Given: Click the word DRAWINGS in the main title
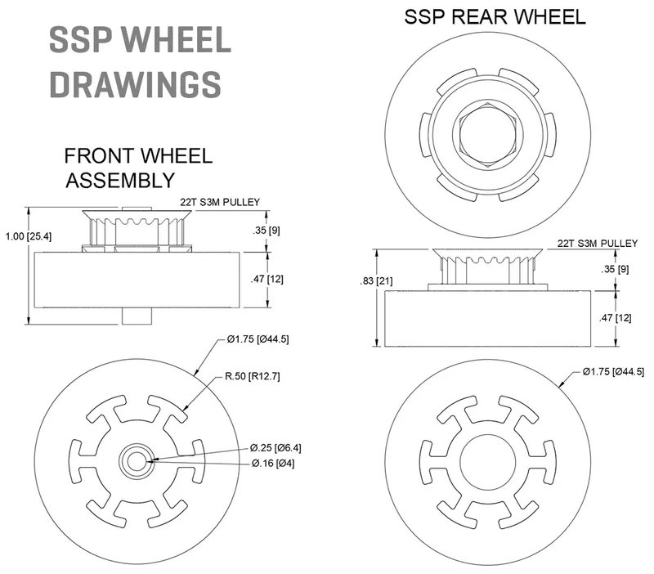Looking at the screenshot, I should click(x=135, y=83).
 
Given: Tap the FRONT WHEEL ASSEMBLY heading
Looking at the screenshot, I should click(x=138, y=167).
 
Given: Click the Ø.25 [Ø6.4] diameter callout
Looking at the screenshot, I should click(x=277, y=447).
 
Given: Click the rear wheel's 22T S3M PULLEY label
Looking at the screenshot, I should click(x=597, y=243).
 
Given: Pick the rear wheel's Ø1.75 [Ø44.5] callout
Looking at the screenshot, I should click(x=615, y=373).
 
